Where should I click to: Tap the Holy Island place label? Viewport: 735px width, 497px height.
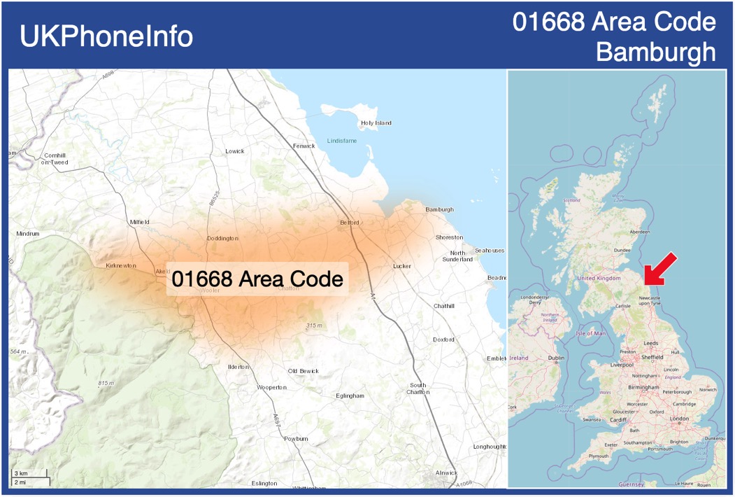point(376,123)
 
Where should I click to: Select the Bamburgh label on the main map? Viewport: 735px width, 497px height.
point(439,209)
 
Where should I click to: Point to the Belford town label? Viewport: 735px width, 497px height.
point(349,223)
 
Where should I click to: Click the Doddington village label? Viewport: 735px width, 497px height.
point(222,239)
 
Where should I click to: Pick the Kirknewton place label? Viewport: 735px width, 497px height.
point(120,266)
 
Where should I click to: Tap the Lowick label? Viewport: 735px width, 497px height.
point(235,151)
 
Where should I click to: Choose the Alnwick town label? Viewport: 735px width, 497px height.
point(446,472)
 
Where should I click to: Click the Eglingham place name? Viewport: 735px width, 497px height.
point(350,395)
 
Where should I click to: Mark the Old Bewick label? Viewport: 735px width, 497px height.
point(303,371)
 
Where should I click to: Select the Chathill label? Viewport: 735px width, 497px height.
point(443,306)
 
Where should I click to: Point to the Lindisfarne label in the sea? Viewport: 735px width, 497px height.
point(342,141)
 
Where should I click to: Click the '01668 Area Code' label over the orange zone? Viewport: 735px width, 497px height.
point(257,279)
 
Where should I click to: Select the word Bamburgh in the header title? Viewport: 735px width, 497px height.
point(656,52)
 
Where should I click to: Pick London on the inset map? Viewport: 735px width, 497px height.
point(679,419)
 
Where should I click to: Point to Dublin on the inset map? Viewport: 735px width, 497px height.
point(556,358)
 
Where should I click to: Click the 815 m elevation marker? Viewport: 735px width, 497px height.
point(106,383)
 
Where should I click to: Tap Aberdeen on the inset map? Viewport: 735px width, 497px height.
point(639,232)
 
